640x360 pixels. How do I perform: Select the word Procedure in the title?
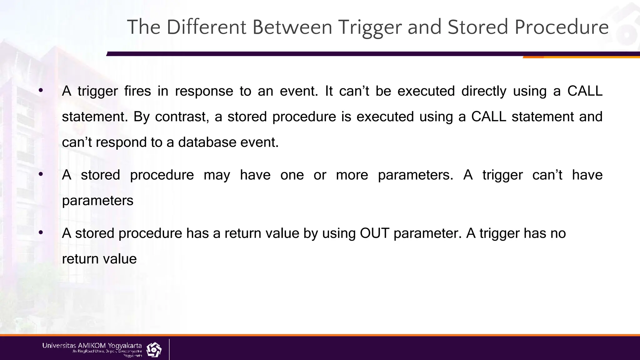point(562,27)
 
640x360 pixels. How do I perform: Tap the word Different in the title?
point(206,27)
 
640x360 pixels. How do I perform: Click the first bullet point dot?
point(41,91)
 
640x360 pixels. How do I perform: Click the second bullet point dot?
point(41,174)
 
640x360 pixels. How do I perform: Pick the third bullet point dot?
point(41,233)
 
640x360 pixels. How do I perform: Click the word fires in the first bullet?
point(137,91)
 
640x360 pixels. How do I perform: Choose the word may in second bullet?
point(217,175)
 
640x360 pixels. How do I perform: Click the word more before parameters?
point(352,175)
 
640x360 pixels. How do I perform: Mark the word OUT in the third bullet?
point(374,233)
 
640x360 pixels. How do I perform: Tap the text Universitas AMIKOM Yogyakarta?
point(92,346)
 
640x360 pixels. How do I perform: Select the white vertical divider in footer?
point(169,349)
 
